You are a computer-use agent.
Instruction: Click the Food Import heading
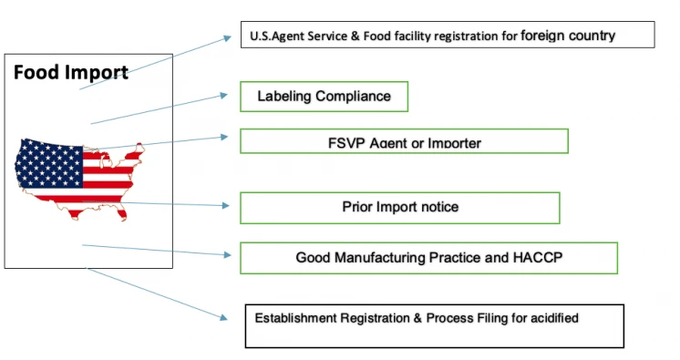pos(70,73)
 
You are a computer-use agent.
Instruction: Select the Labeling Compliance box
pos(324,97)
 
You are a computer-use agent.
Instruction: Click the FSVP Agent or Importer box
pos(404,142)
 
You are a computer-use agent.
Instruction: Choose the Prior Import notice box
pos(399,207)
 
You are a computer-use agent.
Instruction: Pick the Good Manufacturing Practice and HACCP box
pos(428,258)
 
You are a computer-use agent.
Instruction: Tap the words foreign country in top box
pos(568,36)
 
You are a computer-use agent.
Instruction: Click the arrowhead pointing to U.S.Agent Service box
pos(228,38)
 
